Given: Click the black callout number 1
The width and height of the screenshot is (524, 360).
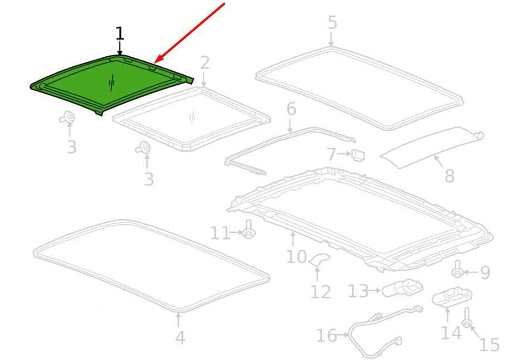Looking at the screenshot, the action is (120, 33).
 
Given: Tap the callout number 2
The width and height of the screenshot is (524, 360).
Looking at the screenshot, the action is (204, 63).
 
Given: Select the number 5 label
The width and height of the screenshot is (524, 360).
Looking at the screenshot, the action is (332, 22).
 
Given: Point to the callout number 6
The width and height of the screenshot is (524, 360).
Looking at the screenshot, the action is (291, 109).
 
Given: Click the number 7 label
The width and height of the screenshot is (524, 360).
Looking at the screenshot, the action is (331, 154).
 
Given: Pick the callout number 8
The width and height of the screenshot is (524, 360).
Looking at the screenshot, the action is (449, 176).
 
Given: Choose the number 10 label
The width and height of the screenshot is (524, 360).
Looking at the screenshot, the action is (296, 257).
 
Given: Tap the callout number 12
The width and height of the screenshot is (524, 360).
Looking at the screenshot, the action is (320, 292).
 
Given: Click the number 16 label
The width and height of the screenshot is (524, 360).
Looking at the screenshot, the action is (326, 335).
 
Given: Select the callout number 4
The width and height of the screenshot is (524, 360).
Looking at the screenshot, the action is (180, 338).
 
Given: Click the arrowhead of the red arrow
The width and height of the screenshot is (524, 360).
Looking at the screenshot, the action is (157, 60).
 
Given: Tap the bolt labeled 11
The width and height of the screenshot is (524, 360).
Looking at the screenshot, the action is (248, 230).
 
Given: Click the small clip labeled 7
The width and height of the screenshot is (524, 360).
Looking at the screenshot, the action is (358, 155).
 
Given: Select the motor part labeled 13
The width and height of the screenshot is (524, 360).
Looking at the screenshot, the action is (403, 288).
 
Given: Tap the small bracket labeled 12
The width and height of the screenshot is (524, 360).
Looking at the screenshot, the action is (320, 259).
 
